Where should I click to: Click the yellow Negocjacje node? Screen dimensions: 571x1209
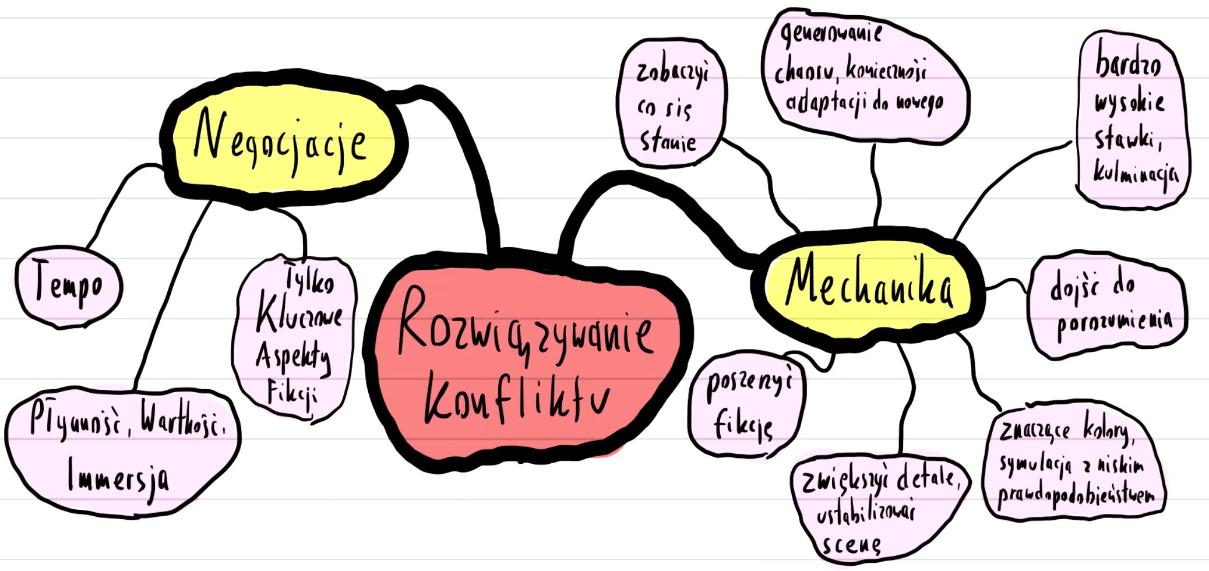point(283,140)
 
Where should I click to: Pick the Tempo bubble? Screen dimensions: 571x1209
point(69,285)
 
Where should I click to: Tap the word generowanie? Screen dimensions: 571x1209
point(832,34)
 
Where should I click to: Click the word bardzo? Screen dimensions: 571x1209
point(1128,62)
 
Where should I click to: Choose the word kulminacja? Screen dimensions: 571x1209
point(1135,174)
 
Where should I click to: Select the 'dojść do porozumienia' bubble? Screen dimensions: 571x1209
point(1107,304)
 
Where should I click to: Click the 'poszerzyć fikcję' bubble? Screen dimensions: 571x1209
point(747,403)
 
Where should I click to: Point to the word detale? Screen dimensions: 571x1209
point(926,479)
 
